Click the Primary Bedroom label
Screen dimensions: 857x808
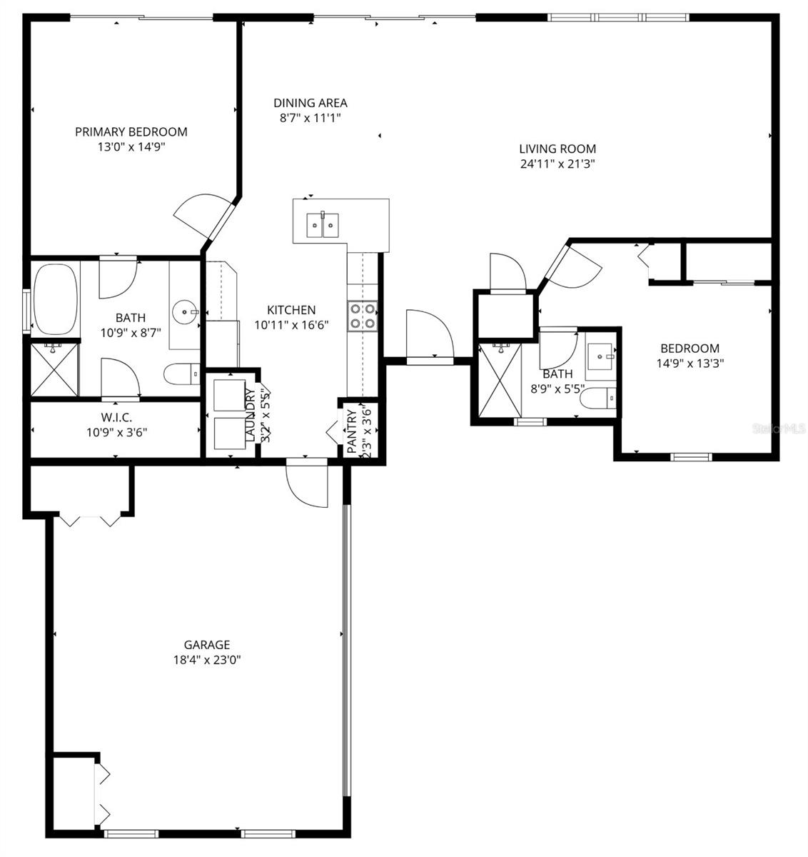click(131, 132)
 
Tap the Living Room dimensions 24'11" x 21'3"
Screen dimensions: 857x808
click(557, 164)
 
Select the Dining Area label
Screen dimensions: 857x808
click(310, 104)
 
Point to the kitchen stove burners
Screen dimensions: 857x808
click(362, 316)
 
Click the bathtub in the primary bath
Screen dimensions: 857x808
click(55, 299)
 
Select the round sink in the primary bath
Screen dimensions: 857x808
click(185, 311)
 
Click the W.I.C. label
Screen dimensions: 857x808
click(117, 417)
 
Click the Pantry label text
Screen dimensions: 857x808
click(352, 431)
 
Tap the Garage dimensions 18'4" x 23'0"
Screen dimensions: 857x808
click(207, 661)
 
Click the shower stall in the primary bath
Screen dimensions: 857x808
click(54, 369)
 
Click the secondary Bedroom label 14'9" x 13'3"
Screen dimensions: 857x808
click(690, 356)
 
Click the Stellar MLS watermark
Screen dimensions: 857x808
click(782, 429)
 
